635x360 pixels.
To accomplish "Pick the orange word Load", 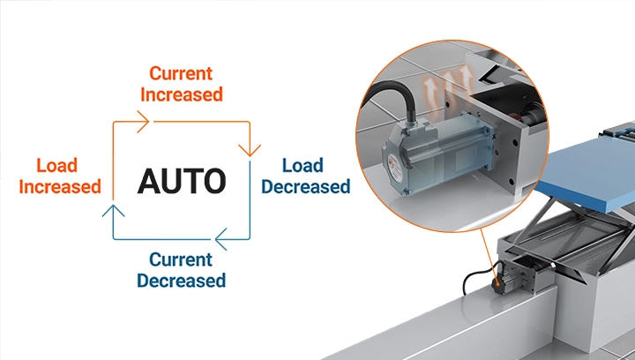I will [x=57, y=165].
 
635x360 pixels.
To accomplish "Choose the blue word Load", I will [x=303, y=165].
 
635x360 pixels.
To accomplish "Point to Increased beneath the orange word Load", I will [x=57, y=186].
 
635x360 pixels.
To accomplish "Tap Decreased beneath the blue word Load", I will [x=305, y=186].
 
